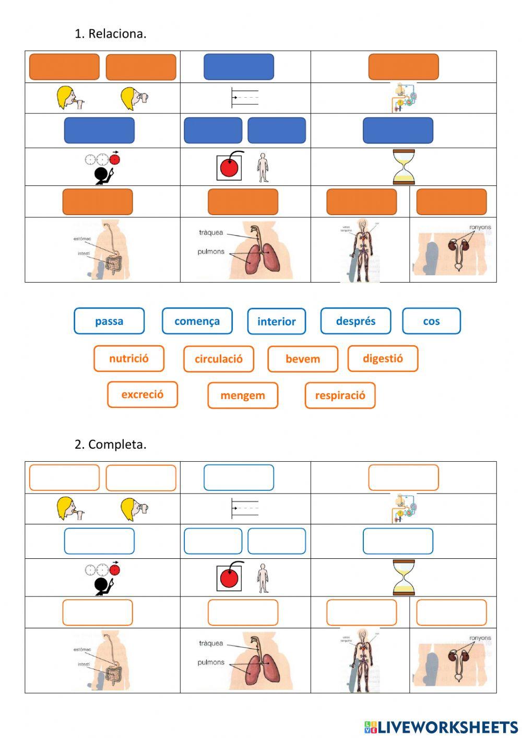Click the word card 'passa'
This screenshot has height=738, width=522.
(109, 321)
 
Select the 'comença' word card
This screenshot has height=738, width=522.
(197, 321)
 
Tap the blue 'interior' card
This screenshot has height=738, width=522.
(276, 322)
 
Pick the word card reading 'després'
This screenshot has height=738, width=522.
(355, 321)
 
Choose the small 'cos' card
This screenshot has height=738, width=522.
(431, 321)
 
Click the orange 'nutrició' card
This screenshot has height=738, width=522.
(129, 359)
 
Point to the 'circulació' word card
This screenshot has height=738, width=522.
(218, 359)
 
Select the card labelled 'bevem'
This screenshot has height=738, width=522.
(303, 359)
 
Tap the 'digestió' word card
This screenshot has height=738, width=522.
(383, 359)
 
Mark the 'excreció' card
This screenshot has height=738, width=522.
(142, 395)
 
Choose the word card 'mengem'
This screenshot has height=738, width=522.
(243, 396)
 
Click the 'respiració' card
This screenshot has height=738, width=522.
(340, 396)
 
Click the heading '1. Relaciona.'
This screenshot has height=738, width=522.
(110, 33)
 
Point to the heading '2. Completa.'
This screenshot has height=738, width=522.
(110, 444)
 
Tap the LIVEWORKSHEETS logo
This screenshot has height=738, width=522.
(441, 727)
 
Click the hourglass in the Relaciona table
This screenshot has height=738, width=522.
(404, 167)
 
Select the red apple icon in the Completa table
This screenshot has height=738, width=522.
(229, 578)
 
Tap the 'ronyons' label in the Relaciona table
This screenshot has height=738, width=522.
(480, 228)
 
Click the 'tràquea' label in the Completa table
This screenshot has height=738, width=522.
(211, 643)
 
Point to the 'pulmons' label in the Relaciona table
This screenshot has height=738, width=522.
(211, 252)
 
